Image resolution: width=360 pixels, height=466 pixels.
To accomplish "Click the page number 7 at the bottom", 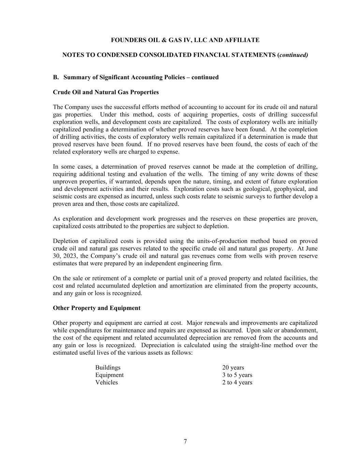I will click(185, 441).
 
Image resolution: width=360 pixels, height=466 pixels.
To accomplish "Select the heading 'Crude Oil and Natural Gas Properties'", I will click(106, 92).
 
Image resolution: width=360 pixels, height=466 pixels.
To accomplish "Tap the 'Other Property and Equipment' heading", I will click(97, 308).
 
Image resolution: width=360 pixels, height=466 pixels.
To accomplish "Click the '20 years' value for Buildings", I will click(233, 367).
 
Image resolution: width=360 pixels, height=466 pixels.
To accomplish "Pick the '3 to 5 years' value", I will click(237, 375).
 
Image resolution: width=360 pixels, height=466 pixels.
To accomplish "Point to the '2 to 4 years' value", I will click(237, 382).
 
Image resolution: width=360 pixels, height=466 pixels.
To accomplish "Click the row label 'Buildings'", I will click(108, 367).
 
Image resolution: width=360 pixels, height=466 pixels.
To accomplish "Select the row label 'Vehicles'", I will click(106, 382).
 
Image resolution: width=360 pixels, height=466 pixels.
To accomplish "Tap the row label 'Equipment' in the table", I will click(110, 375).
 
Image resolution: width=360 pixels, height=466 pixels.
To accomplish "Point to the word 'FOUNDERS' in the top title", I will click(127, 40).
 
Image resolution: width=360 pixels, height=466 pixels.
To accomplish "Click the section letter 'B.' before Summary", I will click(56, 77).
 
